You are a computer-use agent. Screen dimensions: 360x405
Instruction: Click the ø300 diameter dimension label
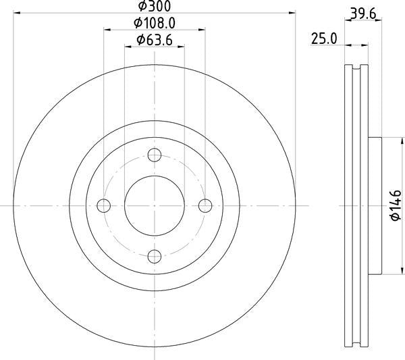[x=155, y=6]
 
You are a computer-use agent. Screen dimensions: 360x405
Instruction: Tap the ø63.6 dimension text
[x=155, y=40]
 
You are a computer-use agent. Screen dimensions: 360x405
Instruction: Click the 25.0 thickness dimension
[x=323, y=38]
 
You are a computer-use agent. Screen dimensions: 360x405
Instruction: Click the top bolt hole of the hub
[x=155, y=155]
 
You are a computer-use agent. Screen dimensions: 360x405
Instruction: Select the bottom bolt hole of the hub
[x=155, y=256]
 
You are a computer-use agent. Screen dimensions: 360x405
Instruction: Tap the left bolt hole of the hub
[x=104, y=205]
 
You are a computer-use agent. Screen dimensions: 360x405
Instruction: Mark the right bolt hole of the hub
[x=205, y=205]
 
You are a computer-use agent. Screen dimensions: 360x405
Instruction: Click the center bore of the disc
[x=155, y=205]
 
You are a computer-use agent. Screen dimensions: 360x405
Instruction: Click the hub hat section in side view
[x=375, y=205]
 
